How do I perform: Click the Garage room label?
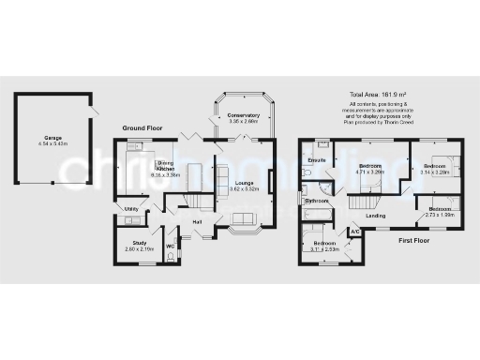(52, 138)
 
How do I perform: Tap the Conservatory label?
(246, 115)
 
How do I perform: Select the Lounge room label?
(245, 184)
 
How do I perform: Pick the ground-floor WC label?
(171, 246)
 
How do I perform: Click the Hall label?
(197, 221)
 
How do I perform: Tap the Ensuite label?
(316, 160)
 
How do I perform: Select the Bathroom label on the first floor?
(316, 201)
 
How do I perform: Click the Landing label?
(376, 217)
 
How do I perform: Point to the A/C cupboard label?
(355, 231)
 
